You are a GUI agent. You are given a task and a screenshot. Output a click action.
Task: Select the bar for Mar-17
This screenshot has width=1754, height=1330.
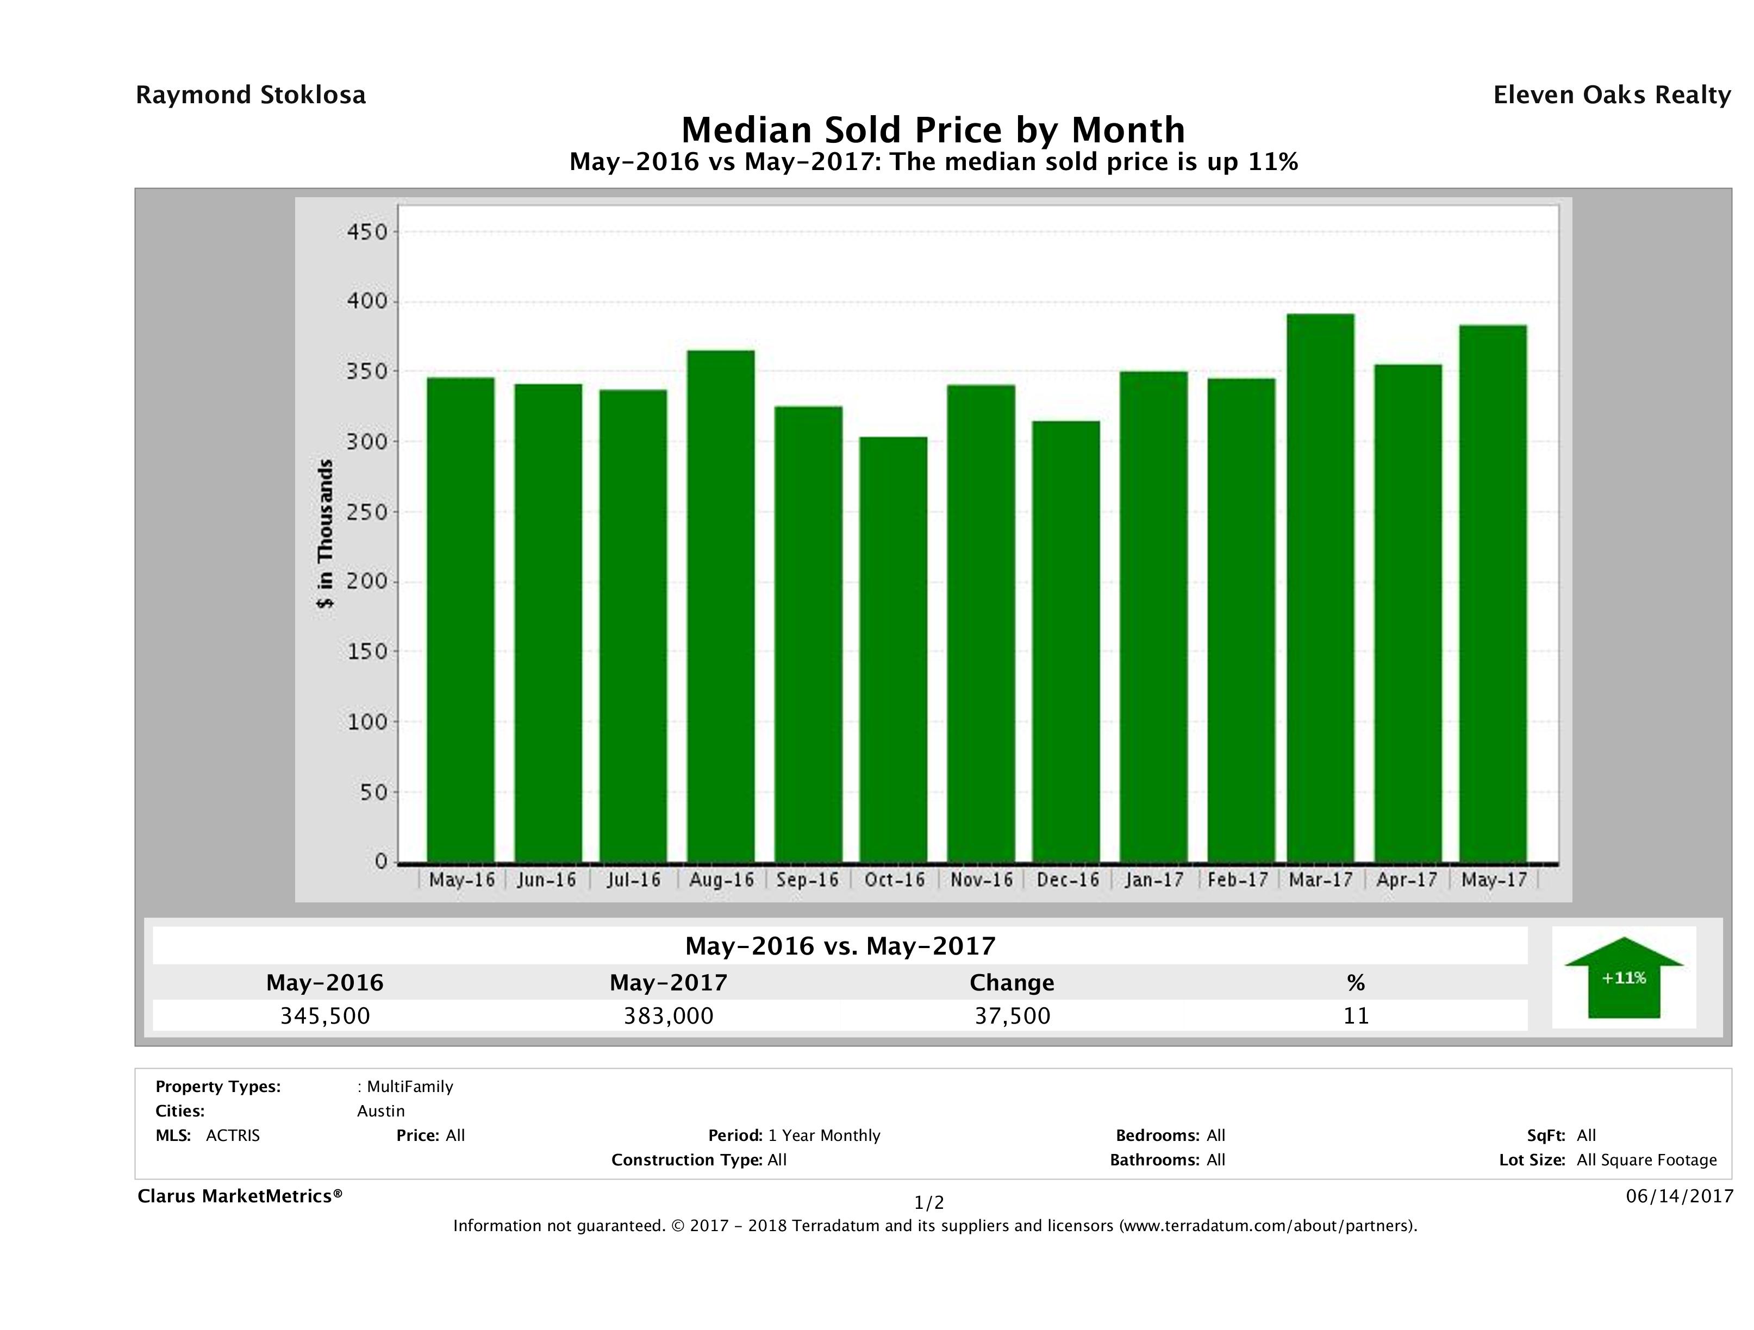(1320, 587)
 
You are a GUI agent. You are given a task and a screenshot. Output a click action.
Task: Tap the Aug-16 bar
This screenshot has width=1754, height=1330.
(721, 606)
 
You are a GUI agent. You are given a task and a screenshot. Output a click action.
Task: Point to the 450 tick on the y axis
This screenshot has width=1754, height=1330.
(367, 232)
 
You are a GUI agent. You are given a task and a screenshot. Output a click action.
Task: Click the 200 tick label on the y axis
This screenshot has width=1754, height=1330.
(367, 582)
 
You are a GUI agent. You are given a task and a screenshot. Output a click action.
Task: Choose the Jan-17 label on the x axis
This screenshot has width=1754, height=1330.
(1154, 880)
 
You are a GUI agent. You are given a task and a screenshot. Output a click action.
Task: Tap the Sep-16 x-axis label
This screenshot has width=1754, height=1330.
(807, 880)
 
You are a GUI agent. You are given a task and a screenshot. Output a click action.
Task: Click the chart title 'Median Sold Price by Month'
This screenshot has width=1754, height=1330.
(933, 130)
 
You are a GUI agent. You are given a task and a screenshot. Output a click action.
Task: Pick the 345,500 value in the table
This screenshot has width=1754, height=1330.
(325, 1016)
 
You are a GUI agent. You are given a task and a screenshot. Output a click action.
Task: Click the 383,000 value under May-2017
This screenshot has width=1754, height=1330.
(669, 1016)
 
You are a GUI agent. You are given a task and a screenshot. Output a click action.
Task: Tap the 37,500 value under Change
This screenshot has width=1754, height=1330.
(1013, 1016)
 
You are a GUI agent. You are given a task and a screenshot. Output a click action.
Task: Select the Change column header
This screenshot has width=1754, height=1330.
(1012, 983)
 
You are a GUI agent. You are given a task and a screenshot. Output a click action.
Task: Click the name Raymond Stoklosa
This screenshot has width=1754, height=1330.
(251, 95)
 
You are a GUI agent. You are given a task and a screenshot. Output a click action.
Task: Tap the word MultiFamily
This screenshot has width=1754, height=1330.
(409, 1087)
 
